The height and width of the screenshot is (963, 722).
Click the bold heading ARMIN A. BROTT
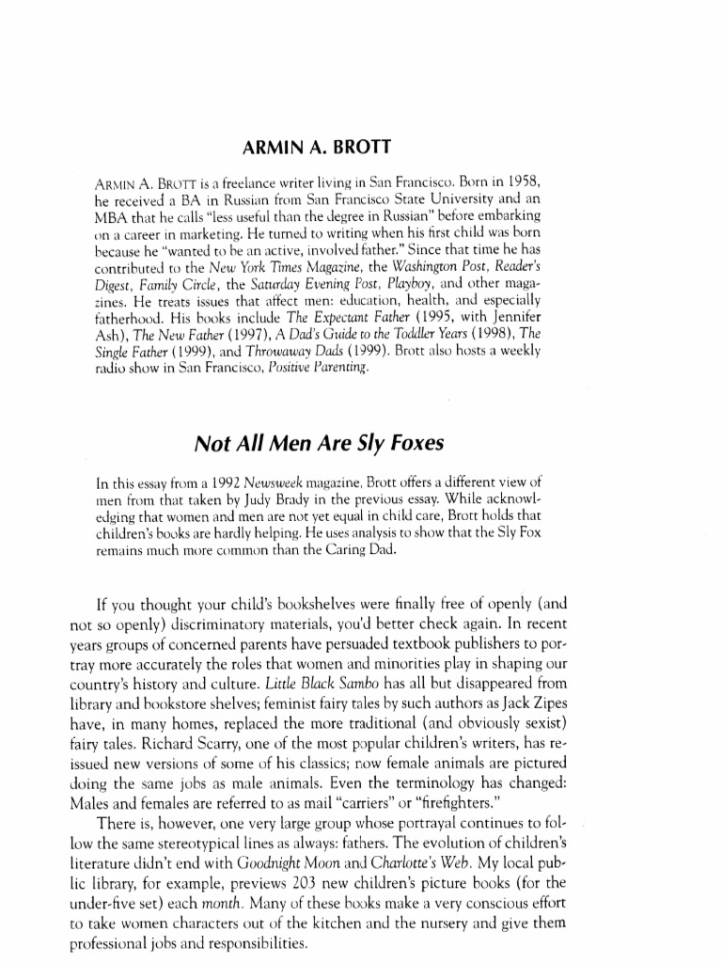click(361, 147)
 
